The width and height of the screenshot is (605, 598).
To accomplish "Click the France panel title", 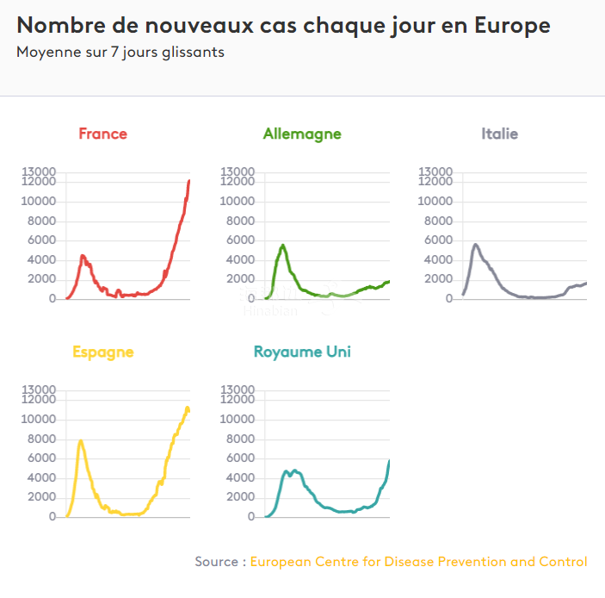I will pyautogui.click(x=102, y=134).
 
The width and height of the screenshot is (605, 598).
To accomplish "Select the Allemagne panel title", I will pyautogui.click(x=302, y=134).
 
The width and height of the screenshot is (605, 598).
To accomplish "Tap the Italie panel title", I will pyautogui.click(x=499, y=134).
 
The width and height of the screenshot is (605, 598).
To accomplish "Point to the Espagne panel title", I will pyautogui.click(x=102, y=352).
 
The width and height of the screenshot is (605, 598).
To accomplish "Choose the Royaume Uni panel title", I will pyautogui.click(x=302, y=352).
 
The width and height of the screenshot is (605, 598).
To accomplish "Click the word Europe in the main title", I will pyautogui.click(x=512, y=26).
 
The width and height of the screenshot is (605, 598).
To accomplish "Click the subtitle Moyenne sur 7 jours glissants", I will pyautogui.click(x=120, y=52).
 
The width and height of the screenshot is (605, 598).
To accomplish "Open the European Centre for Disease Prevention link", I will pyautogui.click(x=418, y=562).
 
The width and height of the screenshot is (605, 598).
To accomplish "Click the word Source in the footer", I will pyautogui.click(x=215, y=562).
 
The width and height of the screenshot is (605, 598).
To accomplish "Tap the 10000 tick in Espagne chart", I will pyautogui.click(x=40, y=420).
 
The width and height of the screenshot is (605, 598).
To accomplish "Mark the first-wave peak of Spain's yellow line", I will pyautogui.click(x=81, y=441).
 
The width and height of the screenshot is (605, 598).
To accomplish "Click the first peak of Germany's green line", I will pyautogui.click(x=283, y=246).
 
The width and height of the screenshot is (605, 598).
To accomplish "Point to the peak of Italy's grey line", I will pyautogui.click(x=476, y=244).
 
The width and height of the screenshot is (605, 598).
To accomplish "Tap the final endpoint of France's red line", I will pyautogui.click(x=189, y=180).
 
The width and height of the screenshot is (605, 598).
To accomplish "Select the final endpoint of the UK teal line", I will pyautogui.click(x=389, y=461).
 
